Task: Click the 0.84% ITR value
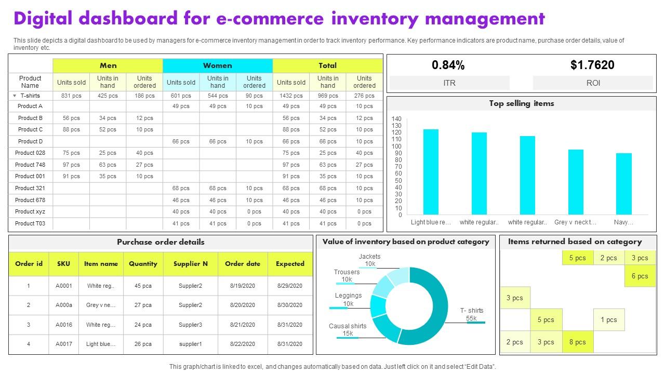[x=448, y=65]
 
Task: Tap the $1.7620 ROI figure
[x=592, y=65]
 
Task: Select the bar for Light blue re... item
[x=431, y=171]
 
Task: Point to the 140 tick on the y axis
[x=397, y=119]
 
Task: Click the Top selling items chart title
[x=521, y=103]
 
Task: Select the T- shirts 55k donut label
[x=472, y=314]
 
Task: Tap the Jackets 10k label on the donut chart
[x=369, y=260]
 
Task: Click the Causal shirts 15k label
[x=348, y=330]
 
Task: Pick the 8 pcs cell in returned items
[x=577, y=342]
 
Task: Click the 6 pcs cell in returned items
[x=640, y=276]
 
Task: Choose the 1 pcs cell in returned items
[x=608, y=320]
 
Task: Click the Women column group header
[x=218, y=65]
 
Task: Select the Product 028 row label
[x=30, y=153]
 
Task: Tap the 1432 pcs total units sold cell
[x=291, y=96]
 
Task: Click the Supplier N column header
[x=191, y=264]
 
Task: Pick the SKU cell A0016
[x=64, y=325]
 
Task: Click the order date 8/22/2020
[x=242, y=344]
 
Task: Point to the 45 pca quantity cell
[x=143, y=286]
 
